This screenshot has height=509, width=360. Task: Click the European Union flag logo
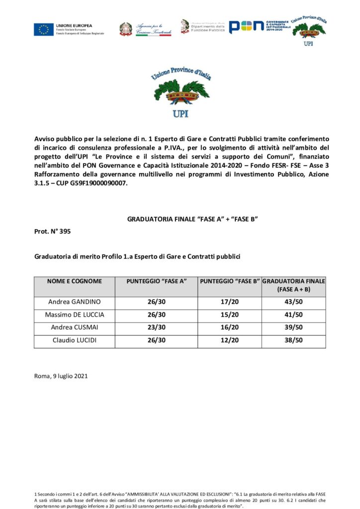tap(44, 29)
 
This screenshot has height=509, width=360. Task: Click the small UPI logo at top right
tap(309, 29)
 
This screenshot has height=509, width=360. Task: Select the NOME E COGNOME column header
tap(74, 281)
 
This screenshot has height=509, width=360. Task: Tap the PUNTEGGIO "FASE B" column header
tap(230, 281)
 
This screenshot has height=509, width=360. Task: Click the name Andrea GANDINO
tap(74, 302)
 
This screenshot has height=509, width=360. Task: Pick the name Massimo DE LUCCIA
tap(74, 315)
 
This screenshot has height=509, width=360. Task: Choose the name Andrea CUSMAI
tap(74, 327)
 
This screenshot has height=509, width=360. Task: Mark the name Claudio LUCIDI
tap(74, 340)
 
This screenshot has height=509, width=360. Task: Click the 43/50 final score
tap(293, 302)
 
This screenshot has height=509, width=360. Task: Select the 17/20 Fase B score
tap(230, 302)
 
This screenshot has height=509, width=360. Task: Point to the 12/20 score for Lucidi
tap(230, 340)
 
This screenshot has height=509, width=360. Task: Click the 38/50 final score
tap(293, 340)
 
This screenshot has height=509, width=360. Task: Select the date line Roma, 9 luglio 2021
tap(61, 376)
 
